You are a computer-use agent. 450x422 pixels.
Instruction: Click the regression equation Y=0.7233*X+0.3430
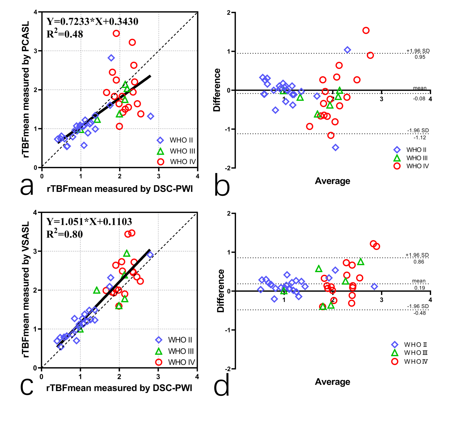[x=92, y=21]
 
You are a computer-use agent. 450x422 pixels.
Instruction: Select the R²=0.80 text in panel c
[x=65, y=234]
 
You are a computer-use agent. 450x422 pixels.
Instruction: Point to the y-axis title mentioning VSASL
[x=25, y=289]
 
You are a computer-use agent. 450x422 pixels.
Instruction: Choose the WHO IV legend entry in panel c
[x=175, y=362]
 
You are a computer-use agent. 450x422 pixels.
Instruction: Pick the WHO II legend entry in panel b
[x=411, y=150]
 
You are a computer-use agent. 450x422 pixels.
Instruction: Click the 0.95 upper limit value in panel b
[x=420, y=57]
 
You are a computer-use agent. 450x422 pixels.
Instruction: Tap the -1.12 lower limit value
[x=420, y=137]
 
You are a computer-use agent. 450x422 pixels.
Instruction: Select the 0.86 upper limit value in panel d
[x=419, y=262]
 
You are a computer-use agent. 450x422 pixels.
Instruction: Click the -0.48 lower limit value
[x=420, y=313]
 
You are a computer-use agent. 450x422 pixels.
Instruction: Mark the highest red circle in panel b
[x=366, y=30]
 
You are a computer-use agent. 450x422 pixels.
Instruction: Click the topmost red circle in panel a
[x=116, y=34]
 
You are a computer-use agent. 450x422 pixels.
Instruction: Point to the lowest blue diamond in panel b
[x=335, y=147]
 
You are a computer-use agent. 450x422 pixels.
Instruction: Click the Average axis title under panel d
[x=332, y=382]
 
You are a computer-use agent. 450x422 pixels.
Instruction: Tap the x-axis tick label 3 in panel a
[x=159, y=176]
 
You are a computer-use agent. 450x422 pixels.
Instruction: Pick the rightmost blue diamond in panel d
[x=374, y=286]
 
